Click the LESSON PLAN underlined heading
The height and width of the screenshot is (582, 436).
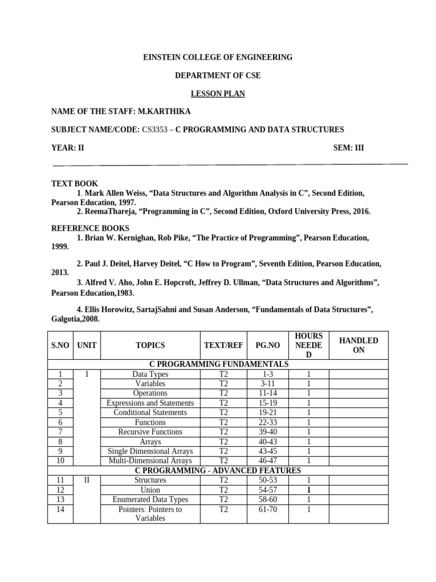click(217, 94)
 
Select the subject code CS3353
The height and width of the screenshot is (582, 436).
click(154, 130)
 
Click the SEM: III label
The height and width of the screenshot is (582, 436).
click(349, 148)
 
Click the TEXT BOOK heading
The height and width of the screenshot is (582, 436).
click(74, 184)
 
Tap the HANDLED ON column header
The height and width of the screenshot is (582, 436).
click(358, 345)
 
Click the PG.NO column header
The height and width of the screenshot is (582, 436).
click(268, 345)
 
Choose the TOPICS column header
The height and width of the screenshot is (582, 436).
click(150, 345)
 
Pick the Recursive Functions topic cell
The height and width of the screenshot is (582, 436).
click(150, 432)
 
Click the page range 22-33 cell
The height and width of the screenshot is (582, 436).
click(268, 422)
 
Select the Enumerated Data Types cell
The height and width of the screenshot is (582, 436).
click(150, 500)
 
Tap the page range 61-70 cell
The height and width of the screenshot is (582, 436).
click(268, 509)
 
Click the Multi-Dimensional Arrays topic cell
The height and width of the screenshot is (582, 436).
click(150, 461)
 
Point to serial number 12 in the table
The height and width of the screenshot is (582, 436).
click(61, 490)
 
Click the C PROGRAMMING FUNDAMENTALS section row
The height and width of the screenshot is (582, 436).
click(218, 364)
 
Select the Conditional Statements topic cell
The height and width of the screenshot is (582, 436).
click(150, 413)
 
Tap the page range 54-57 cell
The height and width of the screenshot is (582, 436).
click(268, 490)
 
